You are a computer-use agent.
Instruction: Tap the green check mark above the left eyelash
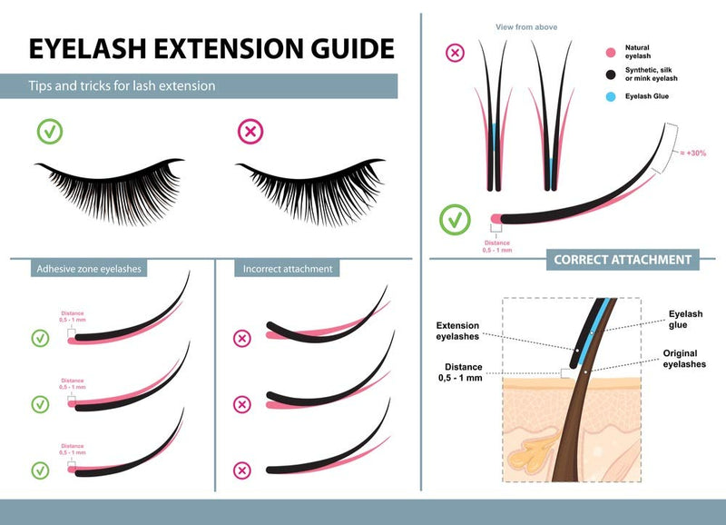pos(50,132)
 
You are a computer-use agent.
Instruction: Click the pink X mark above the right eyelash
pos(250,132)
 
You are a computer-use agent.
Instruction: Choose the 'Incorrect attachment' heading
pos(288,269)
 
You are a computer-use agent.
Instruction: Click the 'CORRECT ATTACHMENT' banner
pos(623,260)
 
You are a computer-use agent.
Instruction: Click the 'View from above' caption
pos(526,27)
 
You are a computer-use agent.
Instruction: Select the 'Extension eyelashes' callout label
pos(457,331)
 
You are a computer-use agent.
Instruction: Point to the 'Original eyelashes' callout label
pos(683,358)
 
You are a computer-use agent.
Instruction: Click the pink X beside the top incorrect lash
pos(242,339)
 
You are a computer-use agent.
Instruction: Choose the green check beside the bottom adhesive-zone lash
pos(40,470)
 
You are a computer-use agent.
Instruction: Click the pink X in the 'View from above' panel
pos(455,53)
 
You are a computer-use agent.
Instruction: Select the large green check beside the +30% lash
pos(455,219)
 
